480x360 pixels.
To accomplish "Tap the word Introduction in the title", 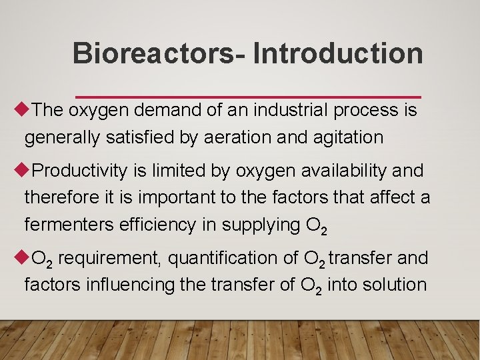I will pyautogui.click(x=338, y=53).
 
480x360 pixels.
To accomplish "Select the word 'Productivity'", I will pyautogui.click(x=79, y=171).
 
